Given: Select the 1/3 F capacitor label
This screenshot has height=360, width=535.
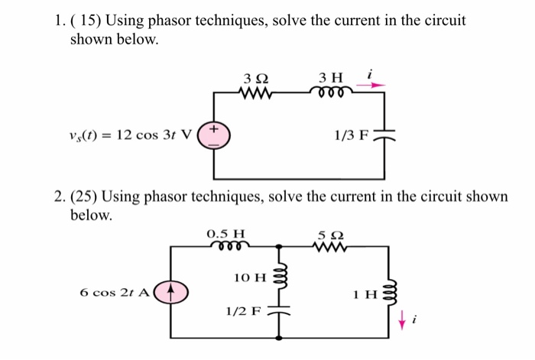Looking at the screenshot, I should [351, 136].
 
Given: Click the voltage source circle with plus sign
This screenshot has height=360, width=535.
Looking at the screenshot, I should [212, 135].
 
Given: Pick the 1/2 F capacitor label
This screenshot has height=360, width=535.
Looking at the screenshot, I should [243, 312].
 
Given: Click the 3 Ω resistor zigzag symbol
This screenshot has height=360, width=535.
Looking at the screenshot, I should [256, 92].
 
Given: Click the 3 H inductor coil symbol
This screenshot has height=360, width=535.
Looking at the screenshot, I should [332, 92].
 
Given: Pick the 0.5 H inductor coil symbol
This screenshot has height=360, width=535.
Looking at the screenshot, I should [226, 246].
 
